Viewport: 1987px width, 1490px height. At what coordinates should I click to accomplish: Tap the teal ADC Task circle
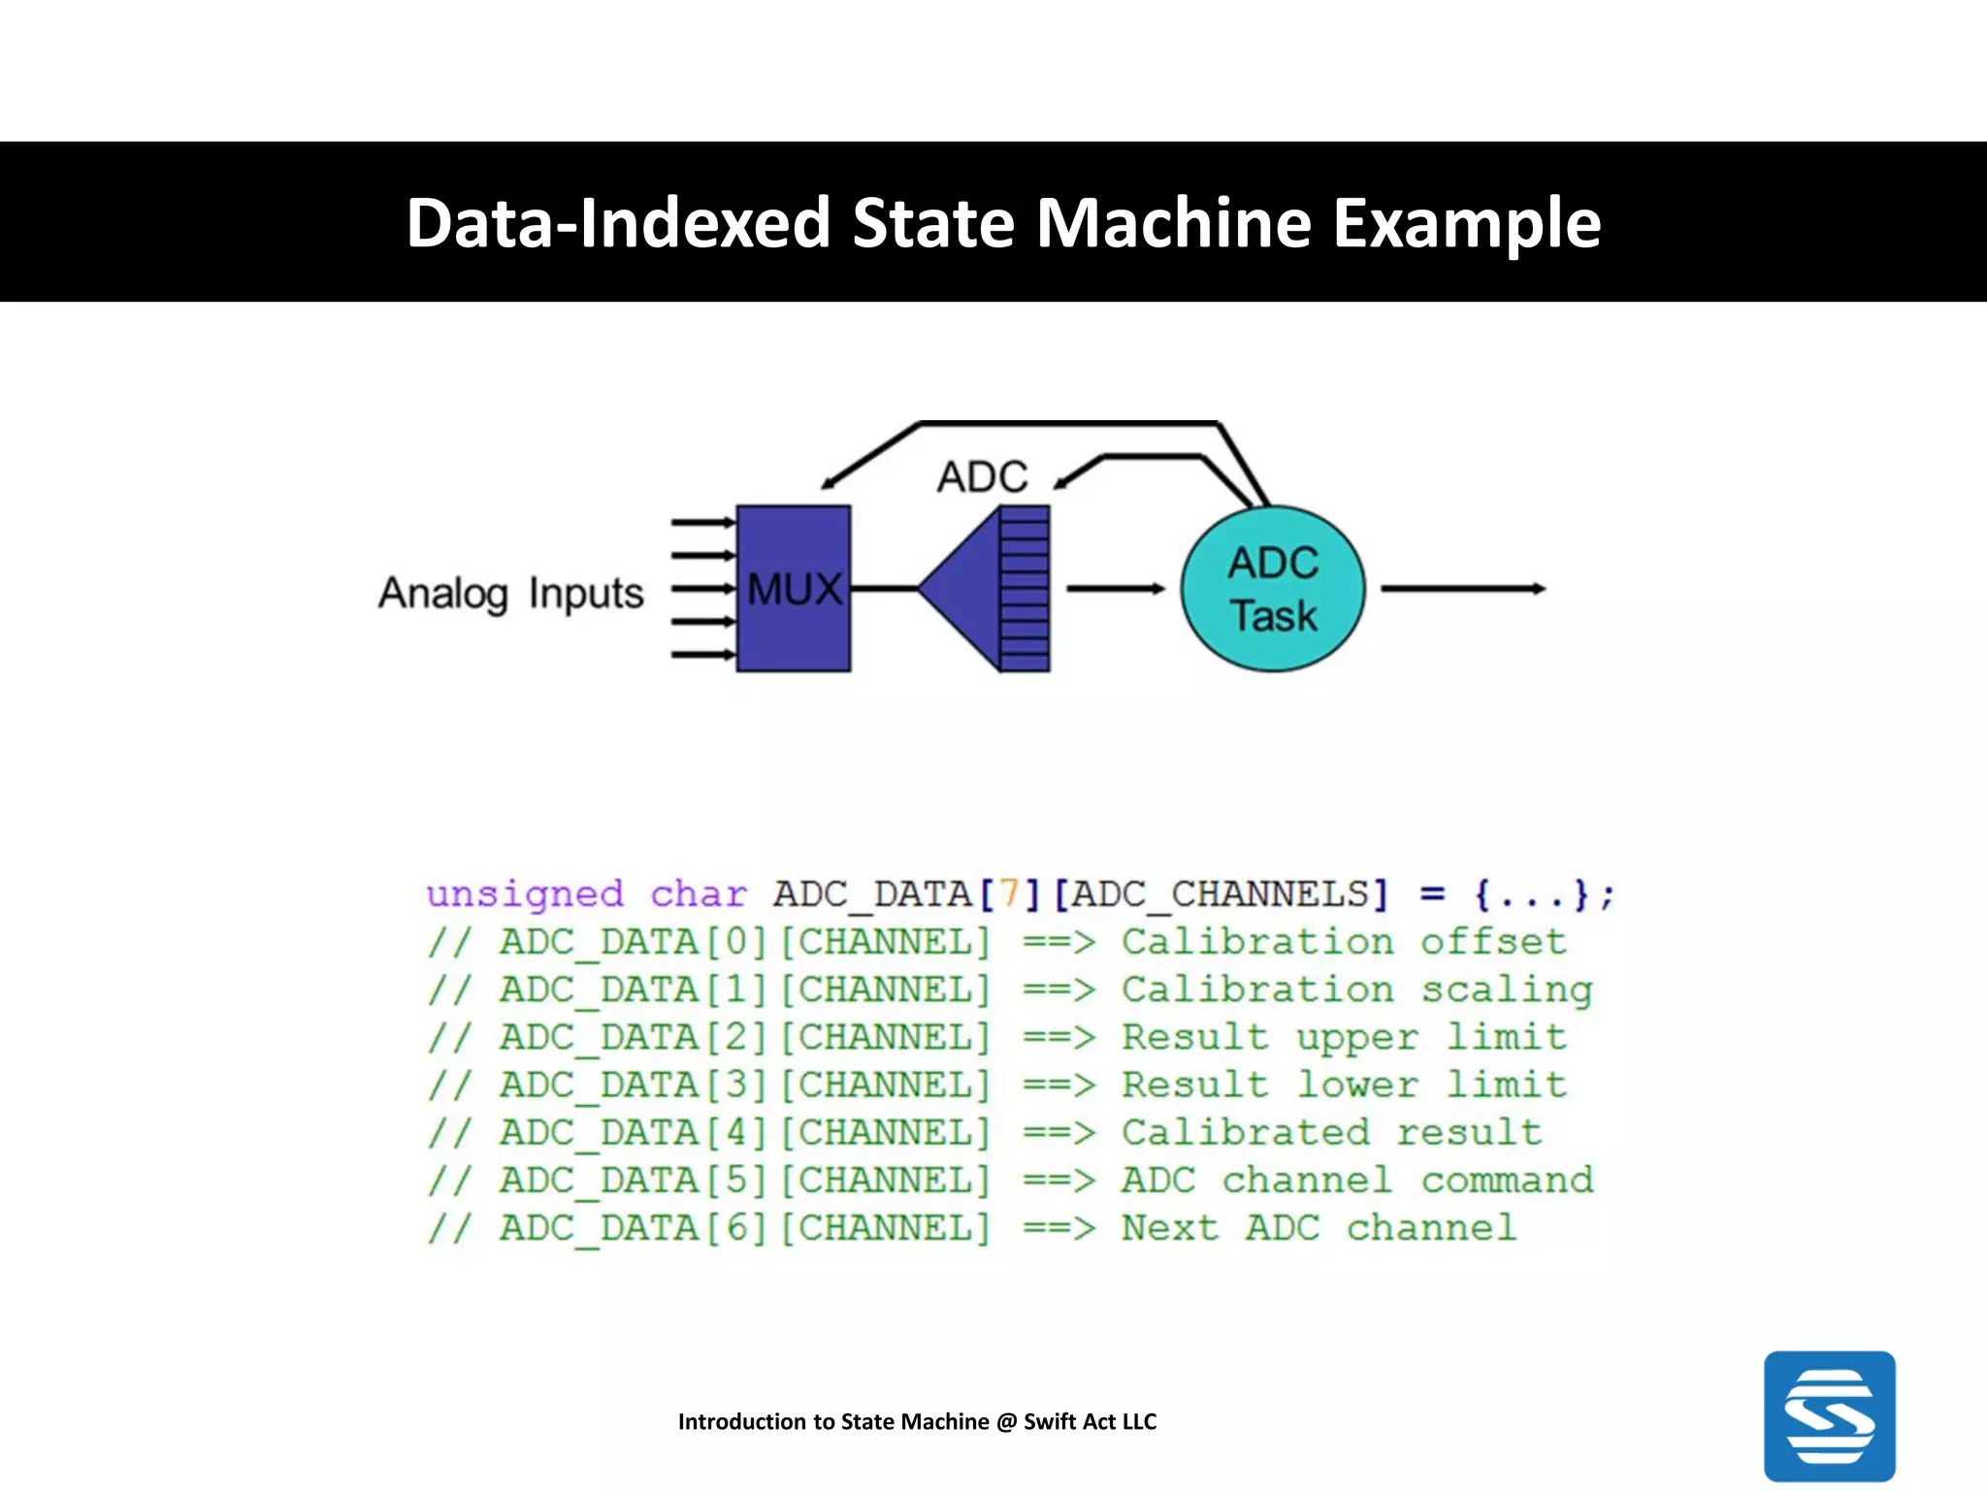(x=1272, y=589)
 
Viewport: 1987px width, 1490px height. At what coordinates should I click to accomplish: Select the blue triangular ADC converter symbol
(x=970, y=588)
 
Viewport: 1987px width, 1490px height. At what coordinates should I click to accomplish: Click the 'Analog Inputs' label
(x=510, y=593)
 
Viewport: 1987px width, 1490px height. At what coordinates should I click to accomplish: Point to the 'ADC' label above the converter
(x=982, y=476)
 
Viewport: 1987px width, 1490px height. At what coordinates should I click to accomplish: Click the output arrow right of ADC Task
(x=1462, y=588)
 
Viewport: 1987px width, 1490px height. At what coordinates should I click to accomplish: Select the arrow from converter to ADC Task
(x=1115, y=588)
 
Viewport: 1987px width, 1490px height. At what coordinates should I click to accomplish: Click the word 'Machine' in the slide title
(x=1173, y=223)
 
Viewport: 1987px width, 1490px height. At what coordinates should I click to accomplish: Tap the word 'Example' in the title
(x=1466, y=223)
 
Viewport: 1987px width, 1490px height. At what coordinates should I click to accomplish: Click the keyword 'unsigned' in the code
(x=525, y=893)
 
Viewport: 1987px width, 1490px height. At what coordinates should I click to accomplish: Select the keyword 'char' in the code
(x=699, y=893)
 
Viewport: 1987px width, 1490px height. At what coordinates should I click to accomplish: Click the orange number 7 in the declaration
(x=1009, y=893)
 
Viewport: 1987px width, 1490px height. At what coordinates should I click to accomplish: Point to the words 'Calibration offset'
(x=1344, y=942)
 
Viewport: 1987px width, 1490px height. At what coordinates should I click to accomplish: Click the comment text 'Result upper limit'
(x=1344, y=1037)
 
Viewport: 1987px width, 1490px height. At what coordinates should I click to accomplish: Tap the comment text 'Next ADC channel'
(x=1319, y=1228)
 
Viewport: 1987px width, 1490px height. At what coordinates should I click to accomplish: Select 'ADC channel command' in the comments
(x=1356, y=1181)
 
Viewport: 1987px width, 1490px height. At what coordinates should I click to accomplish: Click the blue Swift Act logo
(x=1829, y=1415)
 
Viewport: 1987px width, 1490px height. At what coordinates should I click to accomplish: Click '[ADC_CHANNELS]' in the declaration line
(x=1222, y=893)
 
